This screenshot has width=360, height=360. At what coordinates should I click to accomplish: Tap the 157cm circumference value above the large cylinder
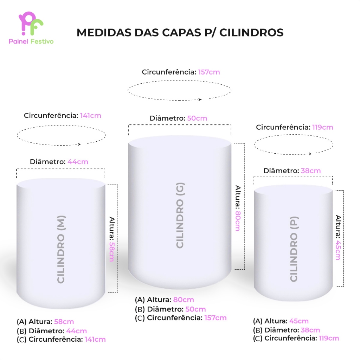coord(209,72)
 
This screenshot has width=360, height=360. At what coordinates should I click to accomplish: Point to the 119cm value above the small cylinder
coord(322,127)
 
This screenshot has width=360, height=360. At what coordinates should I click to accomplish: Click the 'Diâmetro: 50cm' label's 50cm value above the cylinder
coord(197,118)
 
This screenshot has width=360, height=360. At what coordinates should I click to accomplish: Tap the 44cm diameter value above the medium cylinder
coord(78,162)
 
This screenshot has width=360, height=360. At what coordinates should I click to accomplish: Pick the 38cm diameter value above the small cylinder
coord(310,171)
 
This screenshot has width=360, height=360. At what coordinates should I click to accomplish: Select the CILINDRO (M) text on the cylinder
coord(61,249)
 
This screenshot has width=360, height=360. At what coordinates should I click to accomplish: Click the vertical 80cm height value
coord(238,220)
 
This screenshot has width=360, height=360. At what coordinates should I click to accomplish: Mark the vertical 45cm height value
coord(337,250)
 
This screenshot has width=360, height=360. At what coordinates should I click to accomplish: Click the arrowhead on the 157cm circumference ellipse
coord(200,100)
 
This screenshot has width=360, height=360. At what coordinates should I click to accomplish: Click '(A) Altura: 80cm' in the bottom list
coord(164,300)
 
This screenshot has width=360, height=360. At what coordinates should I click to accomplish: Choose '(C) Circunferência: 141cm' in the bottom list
coord(61,340)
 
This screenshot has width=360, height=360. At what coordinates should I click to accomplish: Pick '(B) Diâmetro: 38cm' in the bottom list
coord(287,330)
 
